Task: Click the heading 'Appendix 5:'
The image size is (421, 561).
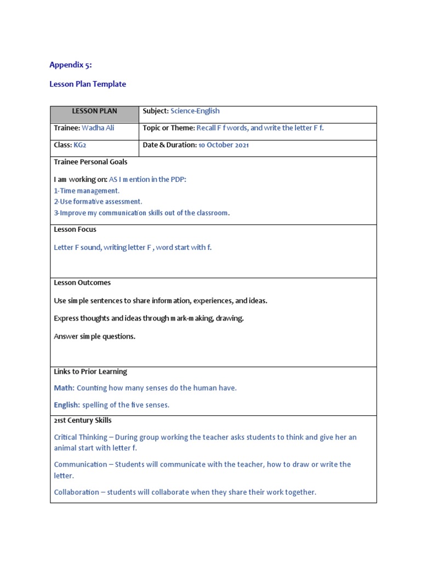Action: point(71,65)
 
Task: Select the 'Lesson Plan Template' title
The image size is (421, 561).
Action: point(88,84)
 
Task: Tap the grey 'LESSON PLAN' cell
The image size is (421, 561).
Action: point(94,111)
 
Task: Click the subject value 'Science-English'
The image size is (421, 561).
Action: point(195,111)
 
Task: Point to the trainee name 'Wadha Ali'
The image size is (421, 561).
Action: point(98,128)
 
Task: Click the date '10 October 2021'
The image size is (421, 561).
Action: point(224,145)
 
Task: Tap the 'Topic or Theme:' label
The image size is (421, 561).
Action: point(169,128)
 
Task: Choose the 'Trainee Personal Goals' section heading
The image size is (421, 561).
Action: point(90,162)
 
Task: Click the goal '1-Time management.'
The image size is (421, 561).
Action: point(87,191)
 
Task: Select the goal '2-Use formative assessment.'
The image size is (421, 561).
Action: point(98,202)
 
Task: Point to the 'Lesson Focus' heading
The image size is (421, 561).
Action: point(75,230)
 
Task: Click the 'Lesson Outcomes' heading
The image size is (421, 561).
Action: point(82,283)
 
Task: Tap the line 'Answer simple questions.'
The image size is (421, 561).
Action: point(94,336)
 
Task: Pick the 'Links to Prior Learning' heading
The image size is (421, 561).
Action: point(90,371)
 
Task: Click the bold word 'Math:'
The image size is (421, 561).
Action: point(64,388)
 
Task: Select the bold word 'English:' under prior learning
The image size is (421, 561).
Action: point(67,405)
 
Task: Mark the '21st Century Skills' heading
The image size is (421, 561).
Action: point(83,420)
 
